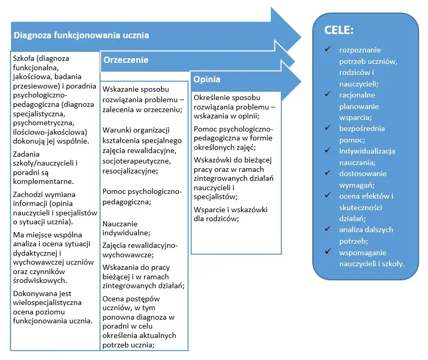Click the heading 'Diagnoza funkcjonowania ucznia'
[81, 36]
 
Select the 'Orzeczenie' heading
[126, 60]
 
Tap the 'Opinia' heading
[206, 80]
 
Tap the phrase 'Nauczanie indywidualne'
[126, 228]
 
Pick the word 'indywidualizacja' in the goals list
[367, 151]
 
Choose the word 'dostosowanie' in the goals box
[361, 173]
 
